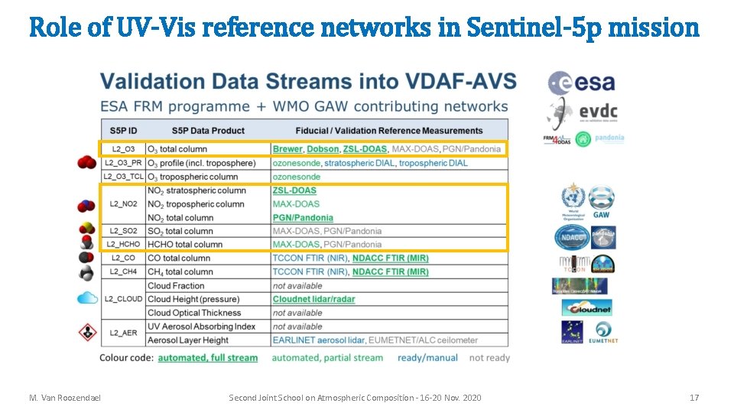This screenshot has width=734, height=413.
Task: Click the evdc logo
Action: (x=583, y=112)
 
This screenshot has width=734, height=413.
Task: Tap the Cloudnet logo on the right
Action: (x=586, y=307)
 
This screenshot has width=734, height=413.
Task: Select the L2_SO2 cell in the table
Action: (x=123, y=231)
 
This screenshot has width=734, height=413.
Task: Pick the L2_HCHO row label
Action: (x=123, y=245)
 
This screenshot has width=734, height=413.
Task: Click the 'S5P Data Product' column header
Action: (x=208, y=131)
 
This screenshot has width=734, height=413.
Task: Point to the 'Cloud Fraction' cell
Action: (x=177, y=285)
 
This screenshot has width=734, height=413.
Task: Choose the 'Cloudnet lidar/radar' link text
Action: (x=313, y=299)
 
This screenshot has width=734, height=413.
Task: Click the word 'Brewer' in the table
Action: (x=287, y=149)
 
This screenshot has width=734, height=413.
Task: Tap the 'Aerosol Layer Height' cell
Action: (x=188, y=340)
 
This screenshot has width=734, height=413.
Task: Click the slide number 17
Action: (x=693, y=398)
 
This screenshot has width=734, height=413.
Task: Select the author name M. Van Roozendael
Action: (x=65, y=398)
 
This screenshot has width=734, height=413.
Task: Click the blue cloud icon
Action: (x=87, y=298)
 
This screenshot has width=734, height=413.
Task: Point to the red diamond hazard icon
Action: (x=87, y=333)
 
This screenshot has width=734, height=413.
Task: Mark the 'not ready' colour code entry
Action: (x=489, y=358)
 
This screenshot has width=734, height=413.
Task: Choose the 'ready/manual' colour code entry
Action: (x=427, y=358)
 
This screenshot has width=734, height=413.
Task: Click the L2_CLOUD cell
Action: (x=123, y=299)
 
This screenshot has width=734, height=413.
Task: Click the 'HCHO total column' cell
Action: (x=185, y=245)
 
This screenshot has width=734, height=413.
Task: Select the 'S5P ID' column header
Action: (x=123, y=131)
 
